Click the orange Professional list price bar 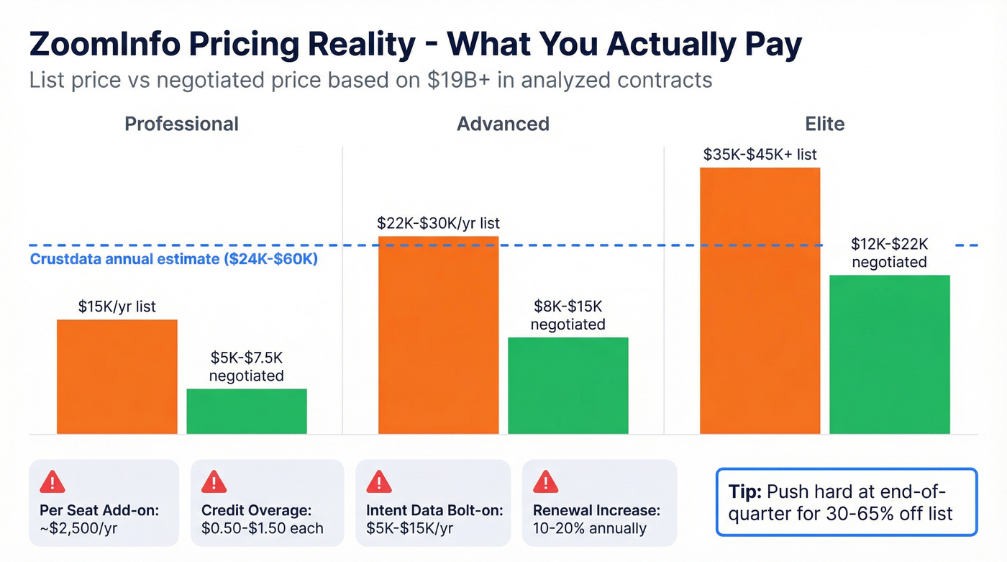click(x=117, y=376)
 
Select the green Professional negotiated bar click(x=247, y=411)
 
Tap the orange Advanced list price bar click(x=438, y=335)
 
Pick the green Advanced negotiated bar click(x=568, y=385)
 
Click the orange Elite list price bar click(x=760, y=300)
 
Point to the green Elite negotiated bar click(x=889, y=354)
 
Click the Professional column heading click(x=181, y=124)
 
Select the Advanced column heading click(x=503, y=124)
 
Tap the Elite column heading click(x=824, y=124)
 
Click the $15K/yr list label click(x=117, y=307)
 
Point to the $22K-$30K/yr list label click(x=438, y=224)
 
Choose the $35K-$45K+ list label click(x=760, y=155)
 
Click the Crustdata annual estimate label click(x=174, y=259)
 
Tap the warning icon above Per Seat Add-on click(x=52, y=481)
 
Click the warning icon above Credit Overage click(x=214, y=481)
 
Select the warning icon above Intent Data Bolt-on click(x=379, y=481)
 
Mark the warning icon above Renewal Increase click(x=545, y=481)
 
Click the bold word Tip click(x=745, y=492)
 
